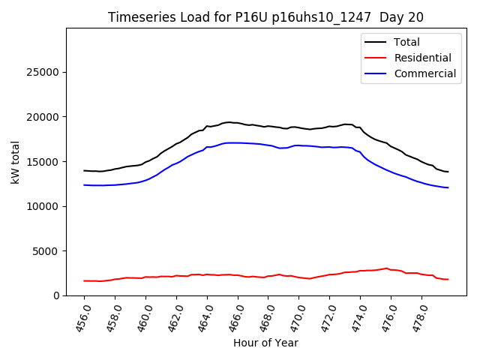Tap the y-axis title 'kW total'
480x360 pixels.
tap(16, 162)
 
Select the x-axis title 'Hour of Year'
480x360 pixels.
tap(265, 343)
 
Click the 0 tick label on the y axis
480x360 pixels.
tap(57, 295)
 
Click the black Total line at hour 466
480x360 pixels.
tap(238, 123)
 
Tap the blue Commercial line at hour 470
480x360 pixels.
tap(299, 145)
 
